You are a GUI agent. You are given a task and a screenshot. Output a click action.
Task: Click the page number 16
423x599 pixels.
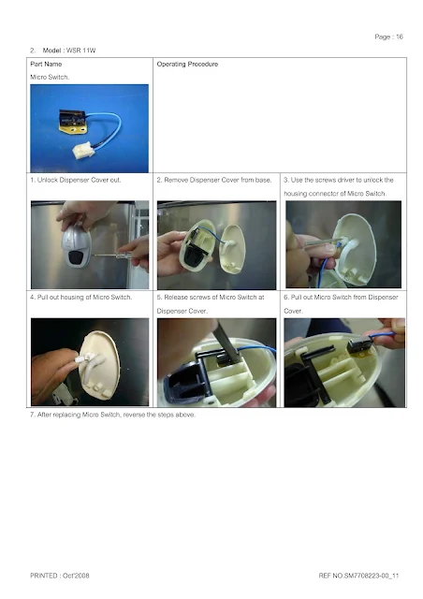coord(400,37)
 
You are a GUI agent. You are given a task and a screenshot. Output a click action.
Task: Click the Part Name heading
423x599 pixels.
coord(46,65)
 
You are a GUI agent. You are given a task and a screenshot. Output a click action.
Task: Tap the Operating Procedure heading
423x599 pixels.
coord(187,65)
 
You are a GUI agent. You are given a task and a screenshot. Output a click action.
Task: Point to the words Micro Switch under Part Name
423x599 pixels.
coord(50,77)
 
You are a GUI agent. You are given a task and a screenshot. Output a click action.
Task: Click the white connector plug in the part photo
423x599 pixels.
coord(83,150)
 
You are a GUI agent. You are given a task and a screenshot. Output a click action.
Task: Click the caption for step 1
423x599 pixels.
coord(76,180)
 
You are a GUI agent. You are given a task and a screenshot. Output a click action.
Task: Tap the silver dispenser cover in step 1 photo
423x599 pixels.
coord(77,246)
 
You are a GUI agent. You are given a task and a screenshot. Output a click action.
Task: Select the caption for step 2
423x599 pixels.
coord(214,180)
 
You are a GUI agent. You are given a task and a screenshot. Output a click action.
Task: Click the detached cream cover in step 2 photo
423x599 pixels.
coord(232,249)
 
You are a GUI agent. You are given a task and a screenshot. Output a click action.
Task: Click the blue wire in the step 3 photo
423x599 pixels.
coord(323,268)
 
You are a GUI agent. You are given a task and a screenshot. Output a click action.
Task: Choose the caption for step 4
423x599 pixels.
coord(81,298)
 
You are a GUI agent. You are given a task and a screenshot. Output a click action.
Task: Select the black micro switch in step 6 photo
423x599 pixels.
coord(360,345)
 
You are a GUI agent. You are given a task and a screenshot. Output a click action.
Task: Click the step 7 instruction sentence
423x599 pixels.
coord(112,415)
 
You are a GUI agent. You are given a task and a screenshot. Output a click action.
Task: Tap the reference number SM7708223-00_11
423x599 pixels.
coord(371,576)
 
